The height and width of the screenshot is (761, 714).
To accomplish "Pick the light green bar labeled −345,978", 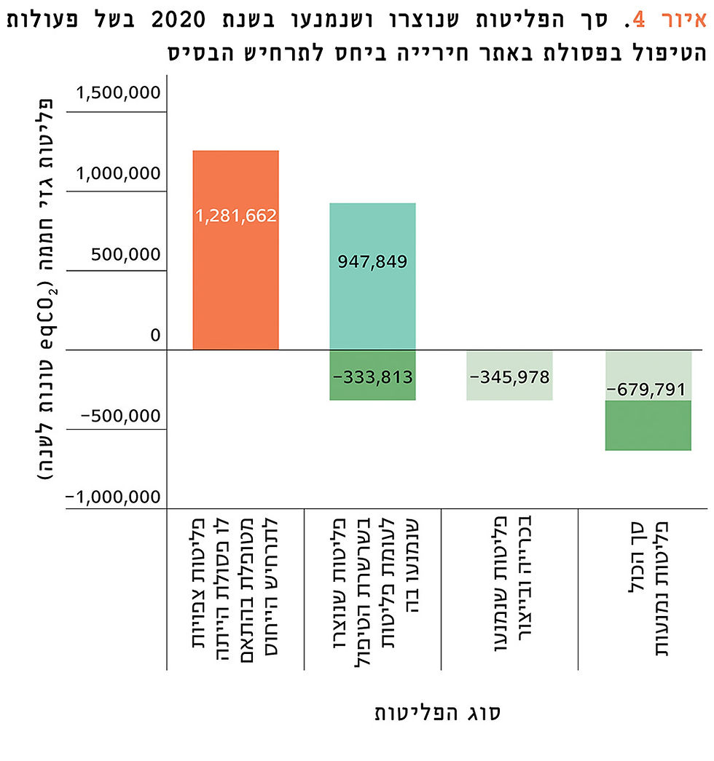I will pyautogui.click(x=509, y=376).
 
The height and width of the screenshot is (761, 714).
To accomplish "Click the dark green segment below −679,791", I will pyautogui.click(x=648, y=425).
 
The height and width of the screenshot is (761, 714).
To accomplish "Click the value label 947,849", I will pyautogui.click(x=372, y=261).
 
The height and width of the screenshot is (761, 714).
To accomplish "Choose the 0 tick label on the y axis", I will pyautogui.click(x=155, y=336).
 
